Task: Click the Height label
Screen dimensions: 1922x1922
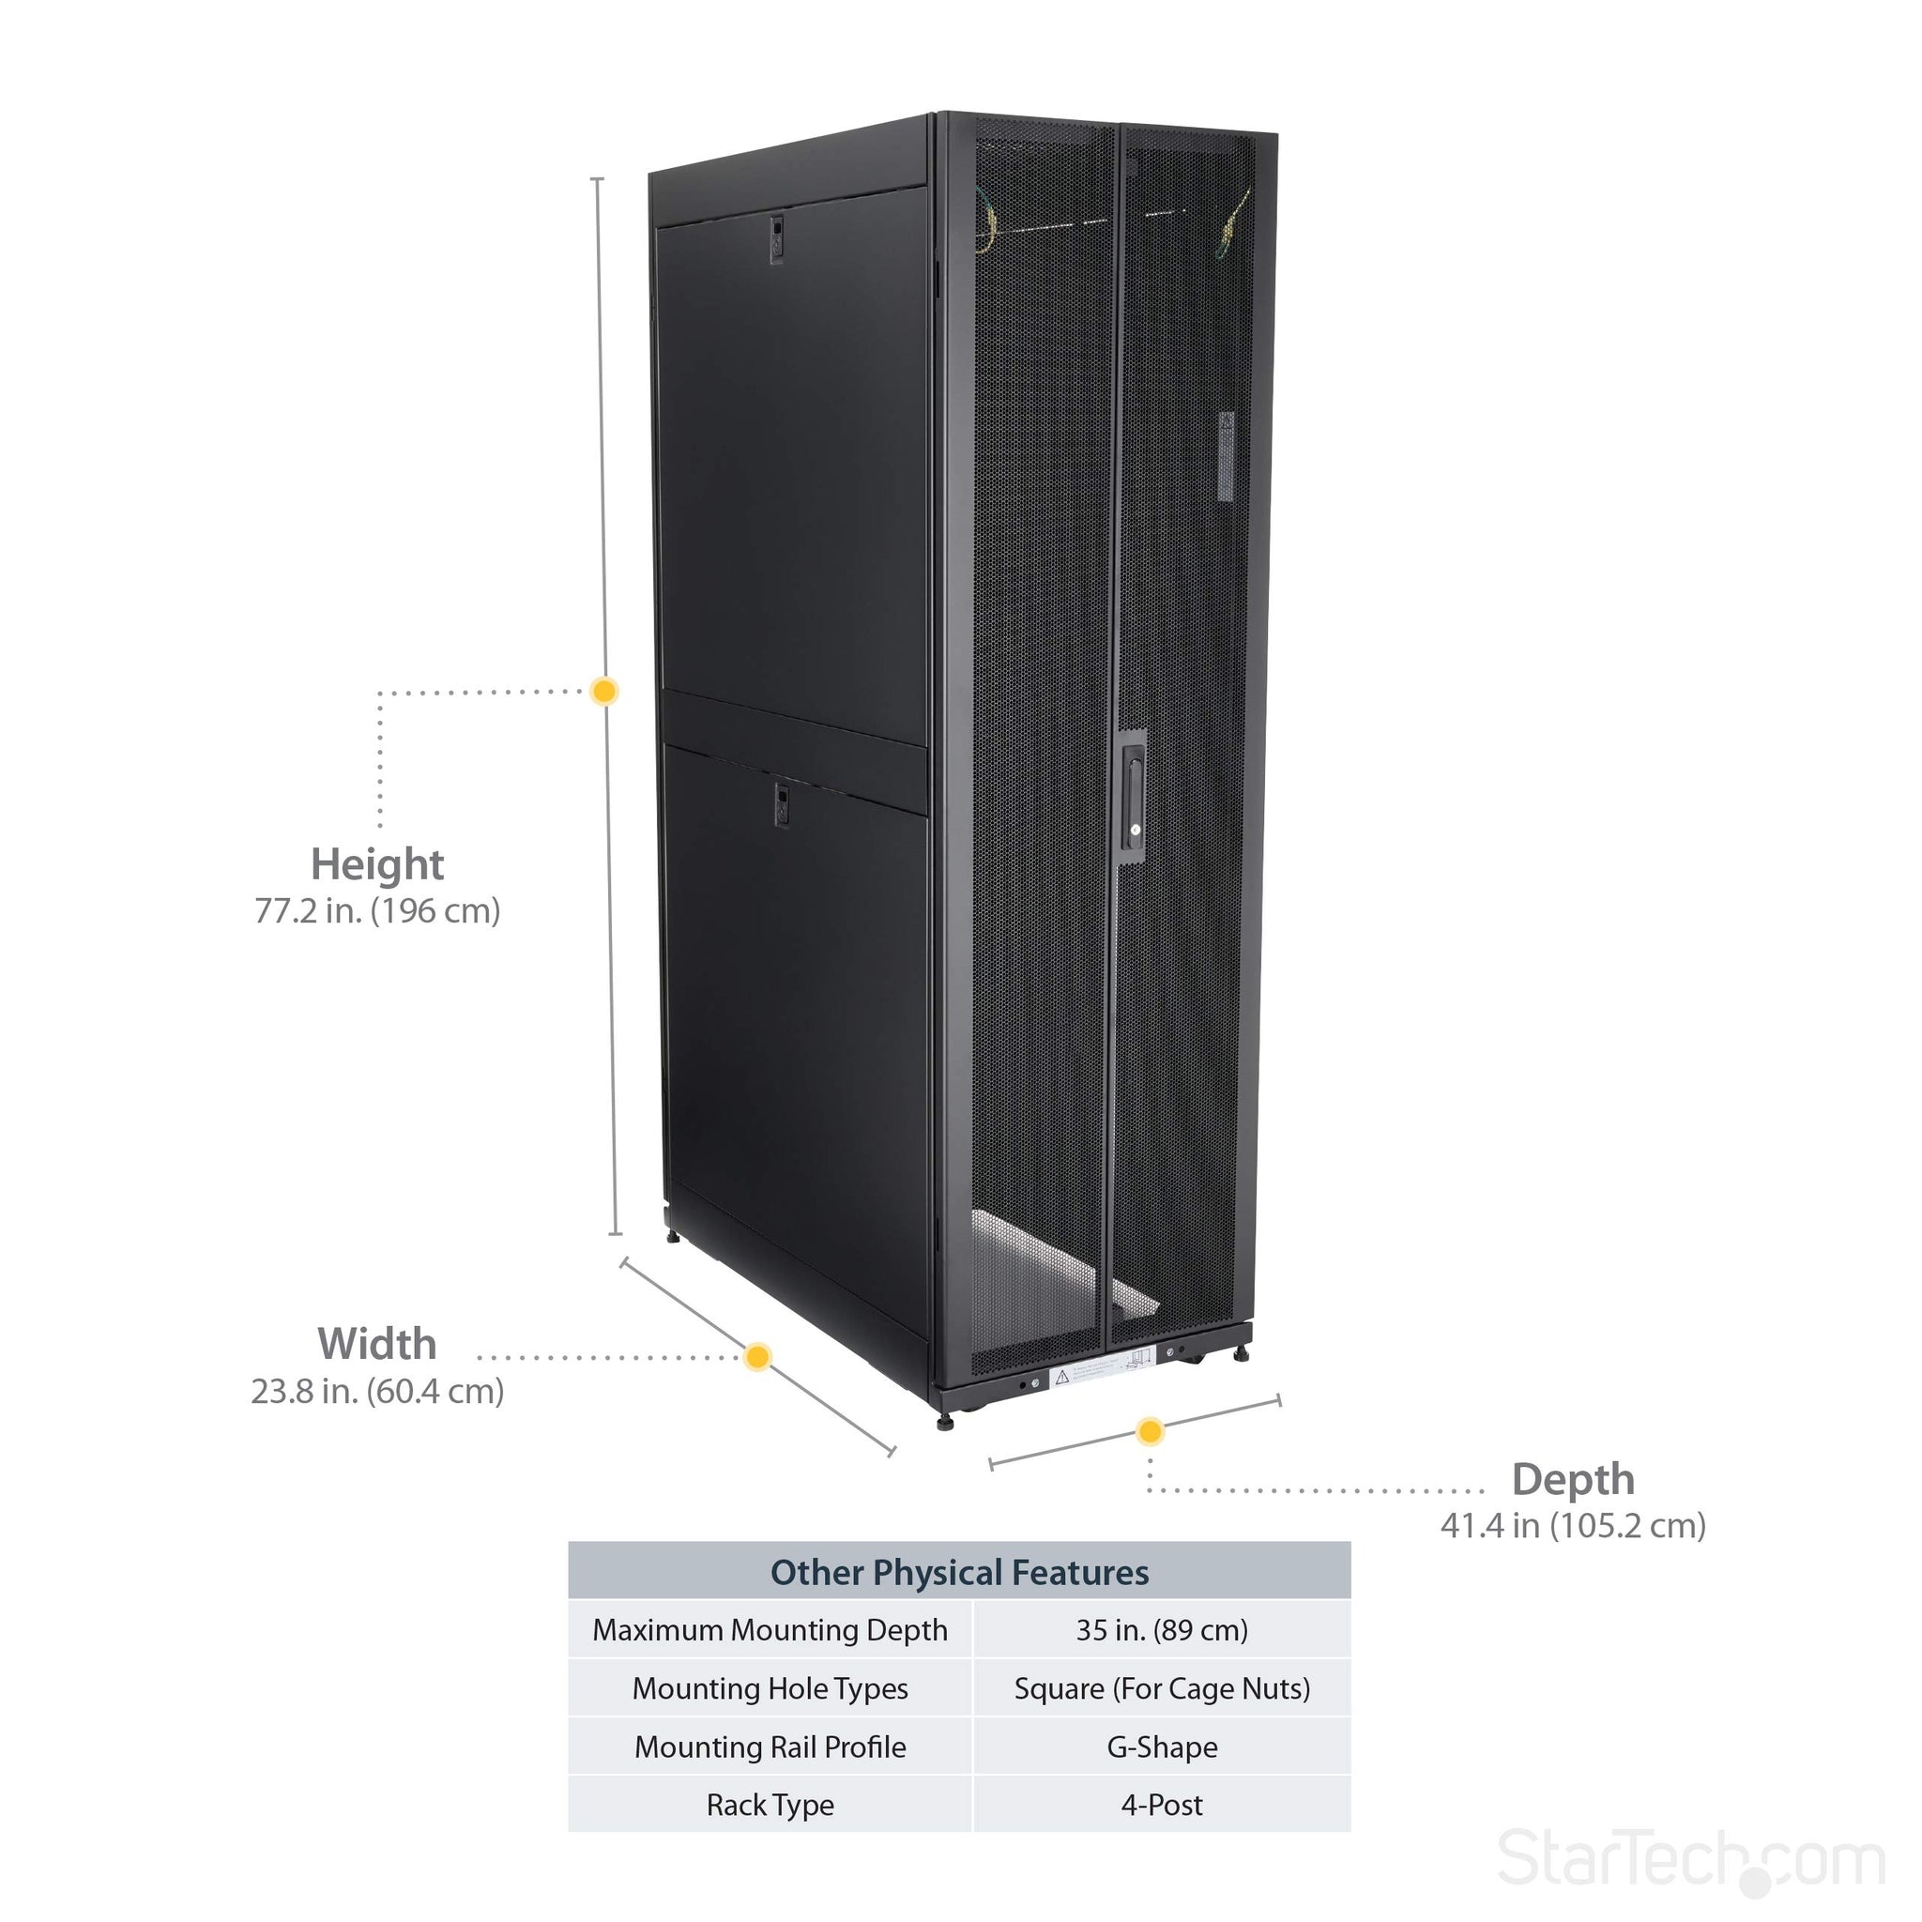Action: click(x=377, y=864)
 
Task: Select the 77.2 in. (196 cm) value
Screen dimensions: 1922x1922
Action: click(x=377, y=911)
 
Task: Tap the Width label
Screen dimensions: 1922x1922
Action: click(x=377, y=1344)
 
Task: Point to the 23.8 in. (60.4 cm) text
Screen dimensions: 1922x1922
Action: click(x=377, y=1391)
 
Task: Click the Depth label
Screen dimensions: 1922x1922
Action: click(x=1573, y=1479)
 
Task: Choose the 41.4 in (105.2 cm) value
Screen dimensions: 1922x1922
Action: click(x=1573, y=1526)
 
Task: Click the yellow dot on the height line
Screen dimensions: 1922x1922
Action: click(x=603, y=691)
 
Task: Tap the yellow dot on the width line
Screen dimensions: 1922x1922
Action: click(x=757, y=1357)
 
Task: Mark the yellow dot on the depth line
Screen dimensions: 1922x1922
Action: click(x=1150, y=1431)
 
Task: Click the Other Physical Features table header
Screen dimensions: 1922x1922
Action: click(x=959, y=1573)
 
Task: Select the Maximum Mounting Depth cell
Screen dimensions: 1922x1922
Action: click(x=770, y=1630)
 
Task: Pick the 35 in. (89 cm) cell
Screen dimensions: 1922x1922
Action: click(x=1162, y=1630)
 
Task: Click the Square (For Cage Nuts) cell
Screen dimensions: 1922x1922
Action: click(x=1162, y=1689)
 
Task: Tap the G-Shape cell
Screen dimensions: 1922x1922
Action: click(x=1162, y=1747)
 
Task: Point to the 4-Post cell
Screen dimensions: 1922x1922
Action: click(x=1162, y=1805)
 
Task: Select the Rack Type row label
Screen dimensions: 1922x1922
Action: click(x=770, y=1805)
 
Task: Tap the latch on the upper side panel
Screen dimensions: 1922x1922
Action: click(x=776, y=238)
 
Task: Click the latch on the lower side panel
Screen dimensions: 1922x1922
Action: click(x=781, y=804)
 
